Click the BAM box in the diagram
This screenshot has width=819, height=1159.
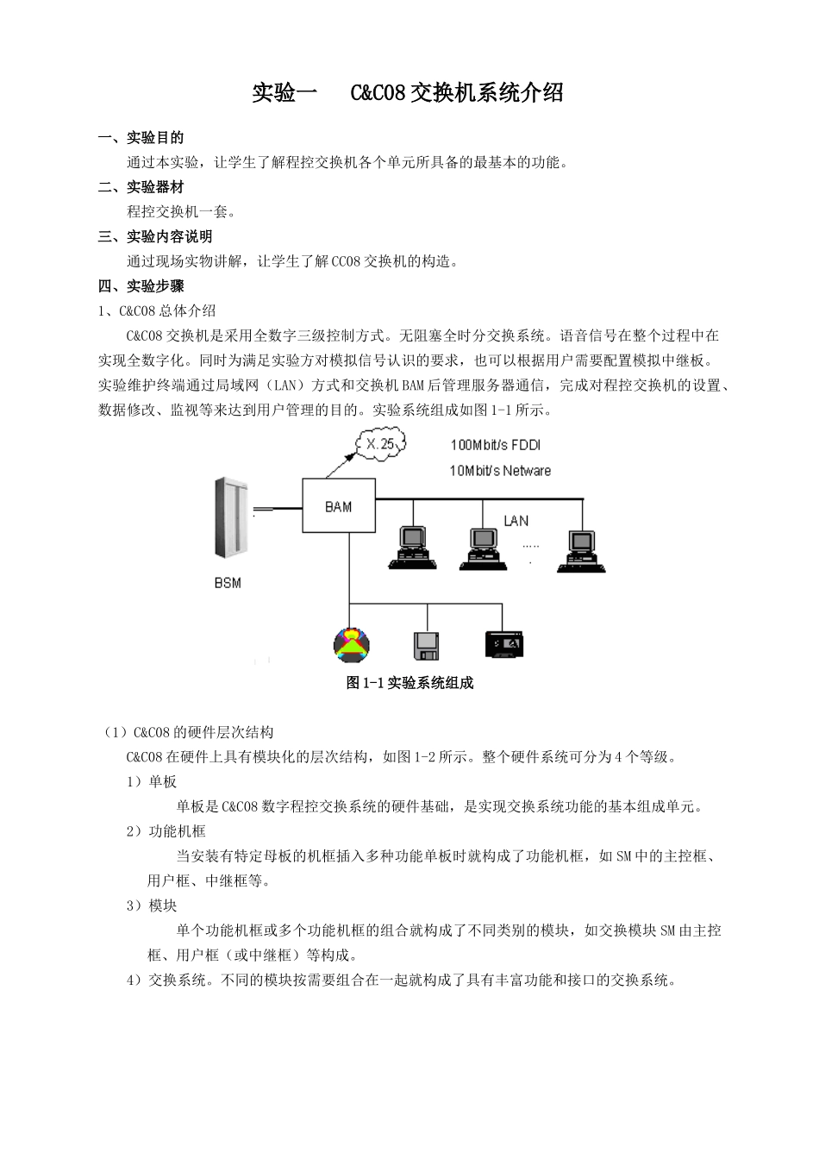pyautogui.click(x=338, y=506)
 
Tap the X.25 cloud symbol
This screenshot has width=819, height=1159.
pyautogui.click(x=379, y=444)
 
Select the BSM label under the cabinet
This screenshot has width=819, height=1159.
pyautogui.click(x=228, y=583)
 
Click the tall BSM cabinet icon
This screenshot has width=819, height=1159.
pyautogui.click(x=230, y=517)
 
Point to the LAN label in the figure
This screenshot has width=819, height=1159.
pyautogui.click(x=516, y=521)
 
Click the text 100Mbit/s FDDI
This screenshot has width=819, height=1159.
pyautogui.click(x=496, y=445)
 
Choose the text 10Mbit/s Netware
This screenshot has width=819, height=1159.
pyautogui.click(x=500, y=471)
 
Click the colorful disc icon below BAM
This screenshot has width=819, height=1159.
pyautogui.click(x=351, y=644)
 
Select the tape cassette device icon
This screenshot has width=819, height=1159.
pyautogui.click(x=504, y=644)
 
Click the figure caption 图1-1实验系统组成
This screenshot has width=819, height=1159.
pyautogui.click(x=409, y=683)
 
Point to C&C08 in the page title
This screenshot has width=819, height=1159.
pyautogui.click(x=378, y=93)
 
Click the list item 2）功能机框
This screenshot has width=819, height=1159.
pyautogui.click(x=166, y=831)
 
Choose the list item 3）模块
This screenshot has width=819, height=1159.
pyautogui.click(x=152, y=905)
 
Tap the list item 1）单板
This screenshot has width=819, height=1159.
pyautogui.click(x=152, y=781)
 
